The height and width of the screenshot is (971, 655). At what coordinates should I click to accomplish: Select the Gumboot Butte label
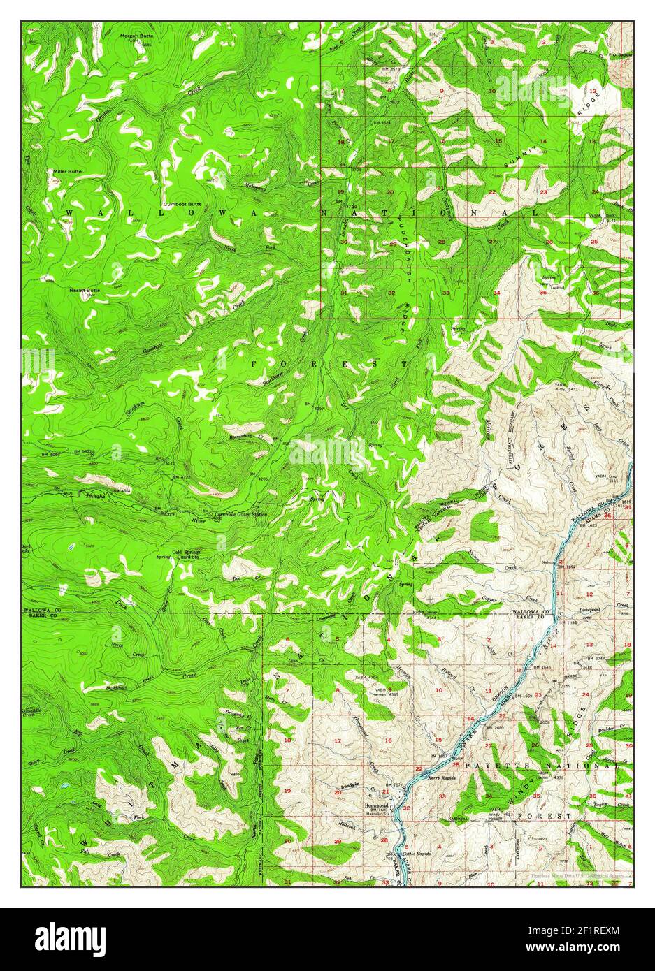click(182, 203)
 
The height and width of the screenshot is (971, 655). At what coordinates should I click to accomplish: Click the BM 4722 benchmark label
click(183, 477)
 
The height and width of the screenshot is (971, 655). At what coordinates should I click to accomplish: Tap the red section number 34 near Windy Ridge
click(489, 796)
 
